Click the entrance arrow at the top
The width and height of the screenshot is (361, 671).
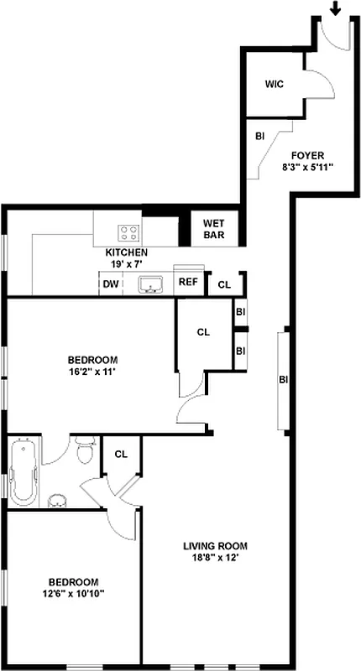336,8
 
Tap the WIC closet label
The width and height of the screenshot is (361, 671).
275,85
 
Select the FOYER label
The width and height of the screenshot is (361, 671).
307,155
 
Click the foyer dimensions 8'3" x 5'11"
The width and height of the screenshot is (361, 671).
308,167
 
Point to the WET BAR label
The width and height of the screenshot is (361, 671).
214,229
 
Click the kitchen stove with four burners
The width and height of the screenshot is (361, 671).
128,231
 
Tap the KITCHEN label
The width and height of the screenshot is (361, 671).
127,252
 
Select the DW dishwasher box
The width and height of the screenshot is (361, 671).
110,283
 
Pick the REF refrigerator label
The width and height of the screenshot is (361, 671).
187,283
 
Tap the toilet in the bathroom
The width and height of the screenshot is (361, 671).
84,452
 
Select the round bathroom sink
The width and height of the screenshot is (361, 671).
57,502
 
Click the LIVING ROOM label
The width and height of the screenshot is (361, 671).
216,546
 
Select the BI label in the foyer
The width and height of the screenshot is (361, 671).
260,135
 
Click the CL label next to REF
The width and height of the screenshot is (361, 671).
223,285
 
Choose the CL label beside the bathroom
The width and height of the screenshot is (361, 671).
120,455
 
